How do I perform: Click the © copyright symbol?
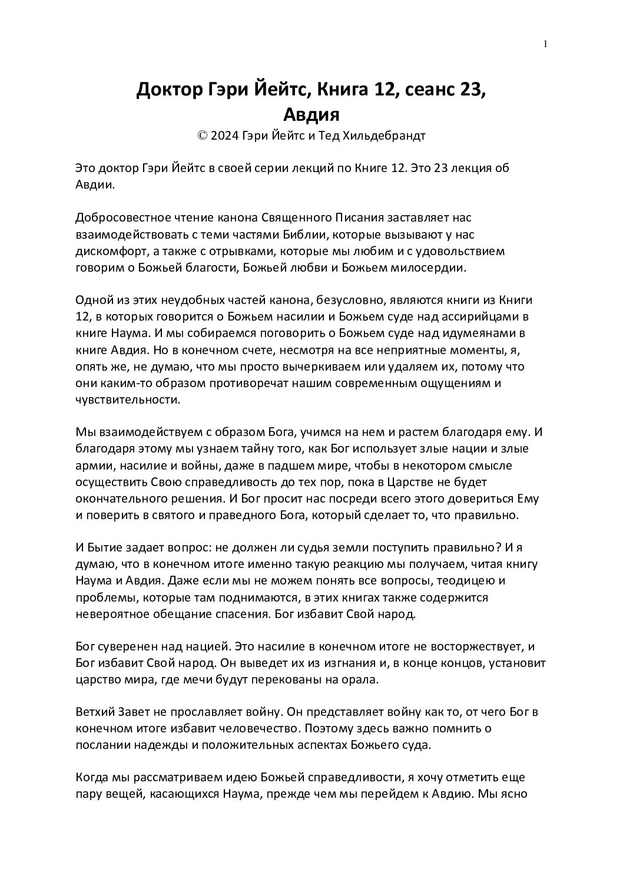click(203, 136)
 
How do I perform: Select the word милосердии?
click(433, 268)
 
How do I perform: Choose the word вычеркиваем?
click(306, 366)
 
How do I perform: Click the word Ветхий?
click(94, 712)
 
